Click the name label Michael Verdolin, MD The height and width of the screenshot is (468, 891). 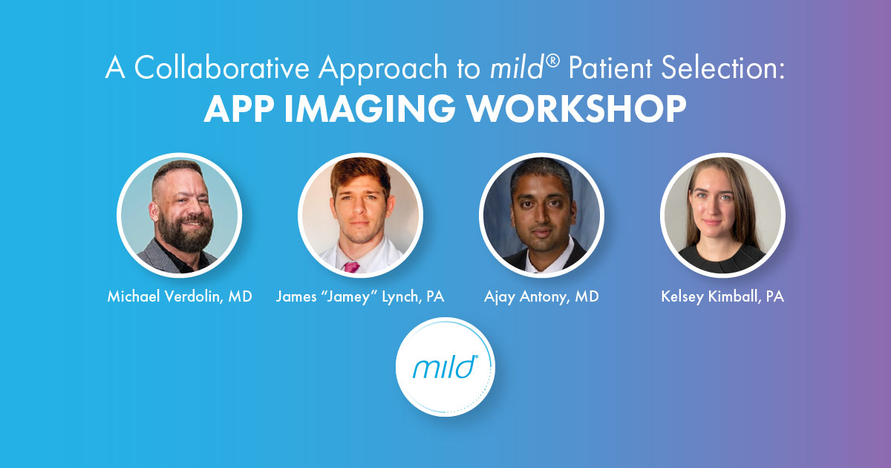click(x=180, y=297)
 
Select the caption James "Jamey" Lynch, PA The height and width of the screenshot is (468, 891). click(x=360, y=297)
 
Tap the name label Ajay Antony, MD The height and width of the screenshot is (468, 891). click(x=541, y=297)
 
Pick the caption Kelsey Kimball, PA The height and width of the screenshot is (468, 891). click(x=722, y=297)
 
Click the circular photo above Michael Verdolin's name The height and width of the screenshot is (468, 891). click(x=180, y=215)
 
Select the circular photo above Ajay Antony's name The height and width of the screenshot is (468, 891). click(x=541, y=215)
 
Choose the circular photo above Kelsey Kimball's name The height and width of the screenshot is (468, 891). click(x=722, y=215)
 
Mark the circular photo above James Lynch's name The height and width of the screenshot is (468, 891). click(x=360, y=215)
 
